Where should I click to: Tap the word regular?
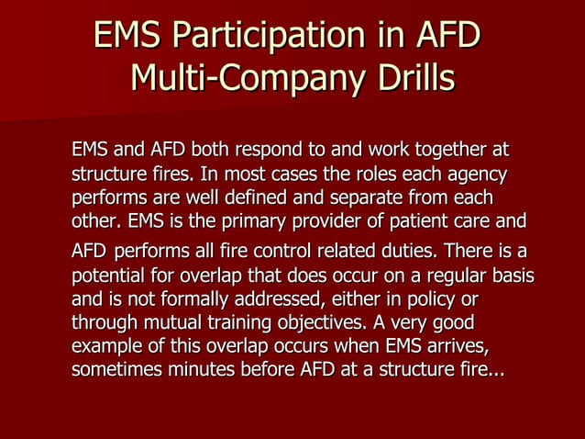click(458, 276)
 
